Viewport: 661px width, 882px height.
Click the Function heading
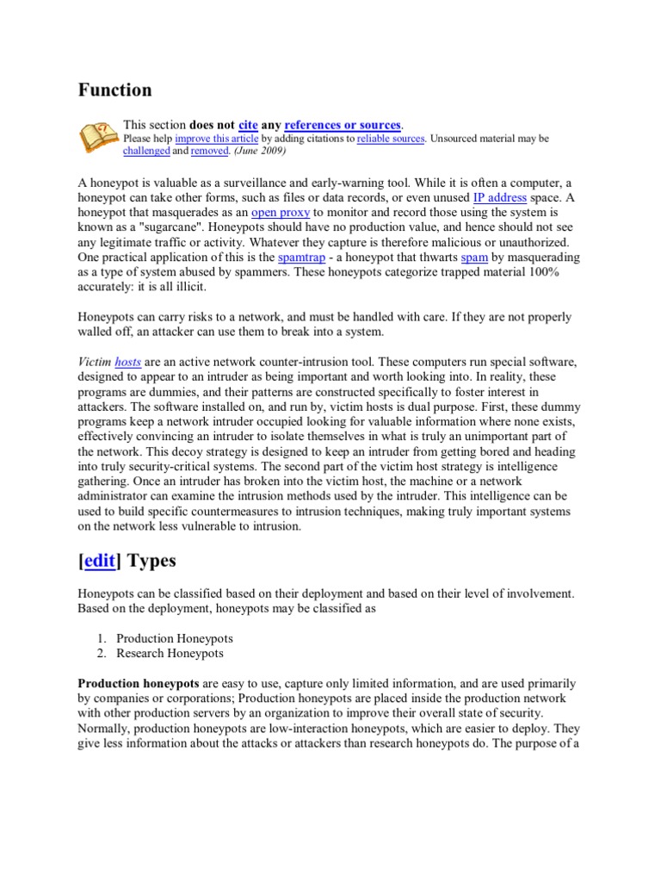(x=115, y=90)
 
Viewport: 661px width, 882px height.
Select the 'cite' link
(x=249, y=125)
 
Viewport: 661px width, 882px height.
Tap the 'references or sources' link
(x=343, y=125)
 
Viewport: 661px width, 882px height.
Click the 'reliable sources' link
(x=391, y=138)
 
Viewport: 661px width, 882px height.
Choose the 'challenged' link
(x=146, y=151)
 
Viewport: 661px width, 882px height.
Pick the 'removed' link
(x=209, y=151)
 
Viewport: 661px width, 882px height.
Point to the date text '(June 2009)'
(x=260, y=151)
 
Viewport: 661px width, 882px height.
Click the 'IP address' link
(x=499, y=197)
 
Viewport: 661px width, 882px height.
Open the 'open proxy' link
(x=280, y=212)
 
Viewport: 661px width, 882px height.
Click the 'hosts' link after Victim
(x=128, y=363)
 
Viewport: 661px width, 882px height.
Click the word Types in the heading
(x=151, y=561)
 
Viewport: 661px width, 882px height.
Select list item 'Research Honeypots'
(x=170, y=654)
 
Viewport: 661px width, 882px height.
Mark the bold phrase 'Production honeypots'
(x=139, y=684)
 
